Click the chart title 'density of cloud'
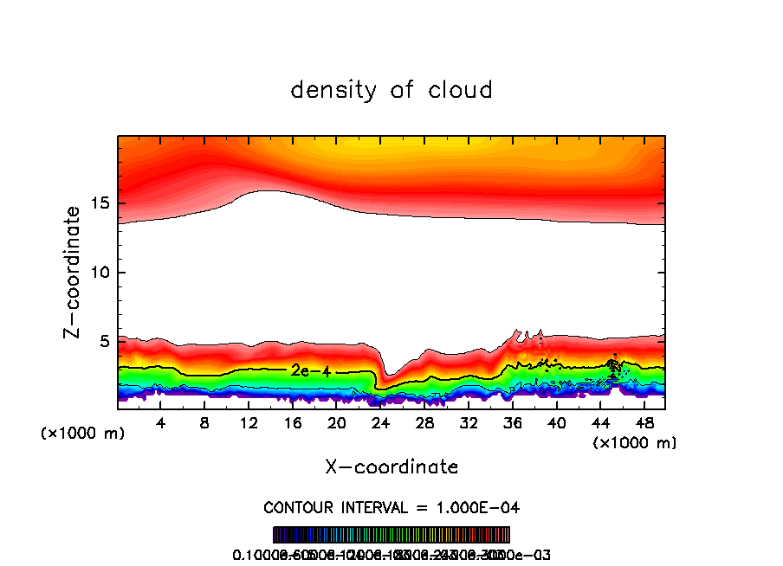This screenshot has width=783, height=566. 391,90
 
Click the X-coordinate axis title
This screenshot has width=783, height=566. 391,467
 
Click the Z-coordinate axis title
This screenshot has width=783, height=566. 74,272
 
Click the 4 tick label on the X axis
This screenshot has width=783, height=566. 161,423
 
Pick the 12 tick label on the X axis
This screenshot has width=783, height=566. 249,423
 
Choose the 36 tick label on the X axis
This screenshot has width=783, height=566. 512,423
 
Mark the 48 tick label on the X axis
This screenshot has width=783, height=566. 644,423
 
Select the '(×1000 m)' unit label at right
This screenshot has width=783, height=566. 635,443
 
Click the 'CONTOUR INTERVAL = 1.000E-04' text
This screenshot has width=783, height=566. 391,507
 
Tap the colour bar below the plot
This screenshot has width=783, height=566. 391,534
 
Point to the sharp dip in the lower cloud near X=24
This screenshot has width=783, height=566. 386,379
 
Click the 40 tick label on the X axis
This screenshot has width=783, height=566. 556,423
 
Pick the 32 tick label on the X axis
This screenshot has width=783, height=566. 468,423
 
